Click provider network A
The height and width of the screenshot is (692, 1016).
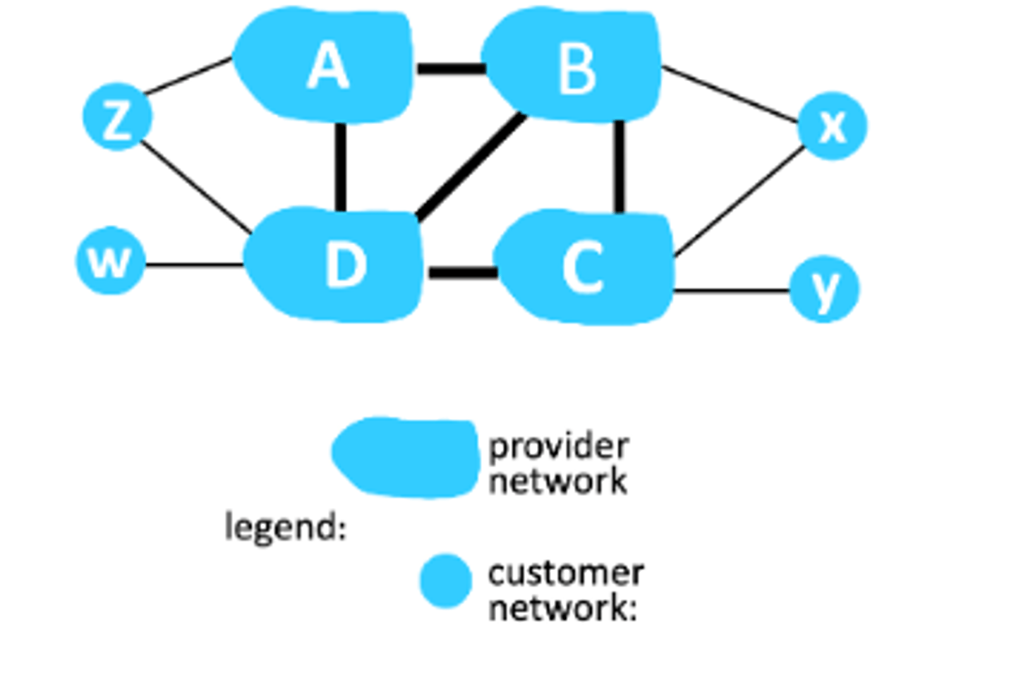tap(326, 66)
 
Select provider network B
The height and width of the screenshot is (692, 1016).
tap(575, 68)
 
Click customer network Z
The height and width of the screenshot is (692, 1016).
tap(117, 117)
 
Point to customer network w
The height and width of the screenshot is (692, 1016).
tap(110, 261)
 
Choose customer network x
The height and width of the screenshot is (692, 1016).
tap(832, 126)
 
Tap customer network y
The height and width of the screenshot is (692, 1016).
tap(823, 289)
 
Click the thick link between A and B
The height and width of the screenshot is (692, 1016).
tap(449, 68)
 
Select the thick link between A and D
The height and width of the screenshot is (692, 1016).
tap(340, 166)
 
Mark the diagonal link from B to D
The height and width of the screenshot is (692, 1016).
tap(471, 166)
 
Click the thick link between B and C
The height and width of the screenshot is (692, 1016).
tap(619, 166)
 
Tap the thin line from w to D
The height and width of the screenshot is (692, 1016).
tap(194, 265)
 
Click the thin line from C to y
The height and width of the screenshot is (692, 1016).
tap(730, 290)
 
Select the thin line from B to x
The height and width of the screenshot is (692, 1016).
tap(730, 94)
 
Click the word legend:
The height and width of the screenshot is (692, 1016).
tap(285, 527)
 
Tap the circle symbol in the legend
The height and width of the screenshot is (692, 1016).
tap(445, 581)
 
